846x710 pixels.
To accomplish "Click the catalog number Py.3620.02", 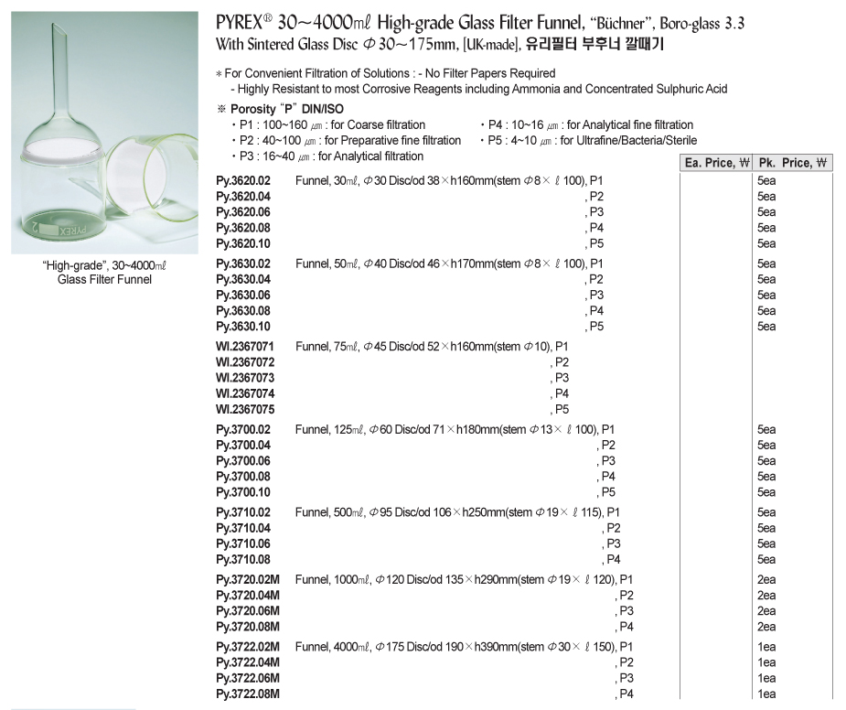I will tap(243, 180).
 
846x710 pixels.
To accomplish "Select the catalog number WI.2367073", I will tap(245, 378).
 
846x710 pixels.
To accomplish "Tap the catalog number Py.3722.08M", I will tap(248, 694).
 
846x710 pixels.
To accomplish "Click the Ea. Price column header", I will tap(716, 163).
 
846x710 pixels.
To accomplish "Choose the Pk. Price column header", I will tap(792, 163).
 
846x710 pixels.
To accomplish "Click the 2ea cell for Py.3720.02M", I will tap(766, 580).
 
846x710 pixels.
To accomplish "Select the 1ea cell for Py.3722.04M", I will tap(766, 662).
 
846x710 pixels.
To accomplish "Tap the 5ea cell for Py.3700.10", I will tap(766, 492).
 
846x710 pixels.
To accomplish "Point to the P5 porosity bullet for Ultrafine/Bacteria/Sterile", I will tap(589, 141).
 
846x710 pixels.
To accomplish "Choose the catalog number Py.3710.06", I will tap(243, 543).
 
